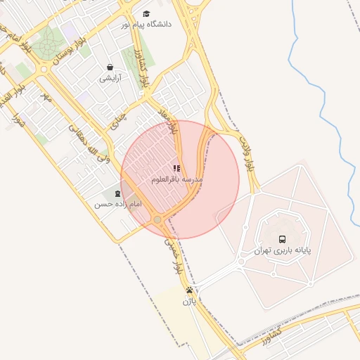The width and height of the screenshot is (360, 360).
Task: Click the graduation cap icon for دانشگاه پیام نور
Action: pyautogui.click(x=146, y=13)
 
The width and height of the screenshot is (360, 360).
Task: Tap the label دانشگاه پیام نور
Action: pyautogui.click(x=146, y=25)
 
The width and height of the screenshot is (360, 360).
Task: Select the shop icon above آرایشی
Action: pyautogui.click(x=110, y=67)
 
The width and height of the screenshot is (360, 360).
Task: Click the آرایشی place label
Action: pyautogui.click(x=110, y=78)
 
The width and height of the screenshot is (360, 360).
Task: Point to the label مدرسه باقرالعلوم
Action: pyautogui.click(x=176, y=180)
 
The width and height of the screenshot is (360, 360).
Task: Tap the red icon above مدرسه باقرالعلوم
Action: pyautogui.click(x=176, y=169)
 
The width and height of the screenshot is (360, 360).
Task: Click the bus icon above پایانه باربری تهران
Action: pyautogui.click(x=282, y=238)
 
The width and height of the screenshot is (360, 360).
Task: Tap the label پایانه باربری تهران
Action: pyautogui.click(x=282, y=250)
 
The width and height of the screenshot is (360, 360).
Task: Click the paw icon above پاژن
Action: pyautogui.click(x=189, y=290)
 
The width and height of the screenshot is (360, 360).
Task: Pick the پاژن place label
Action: pyautogui.click(x=189, y=302)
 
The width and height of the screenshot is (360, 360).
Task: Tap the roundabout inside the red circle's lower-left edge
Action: pyautogui.click(x=157, y=220)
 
